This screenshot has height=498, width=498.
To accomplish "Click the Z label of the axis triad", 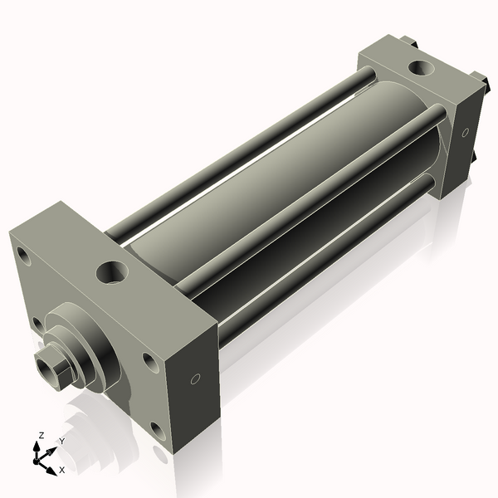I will (41, 435).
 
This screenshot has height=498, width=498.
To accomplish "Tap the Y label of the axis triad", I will (61, 441).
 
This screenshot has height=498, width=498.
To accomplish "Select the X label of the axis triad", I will (61, 470).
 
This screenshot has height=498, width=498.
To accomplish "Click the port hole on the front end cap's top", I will (112, 271).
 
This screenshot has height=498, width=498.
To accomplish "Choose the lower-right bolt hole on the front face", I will (158, 429).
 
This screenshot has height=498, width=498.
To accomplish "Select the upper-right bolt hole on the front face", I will (149, 361).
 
